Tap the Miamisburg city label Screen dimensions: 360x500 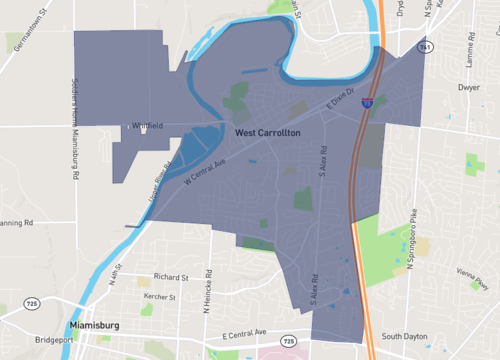[x=101, y=326]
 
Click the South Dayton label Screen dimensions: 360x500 [x=404, y=336]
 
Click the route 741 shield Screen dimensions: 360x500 [x=426, y=47]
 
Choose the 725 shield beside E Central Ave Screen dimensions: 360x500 [x=288, y=340]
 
